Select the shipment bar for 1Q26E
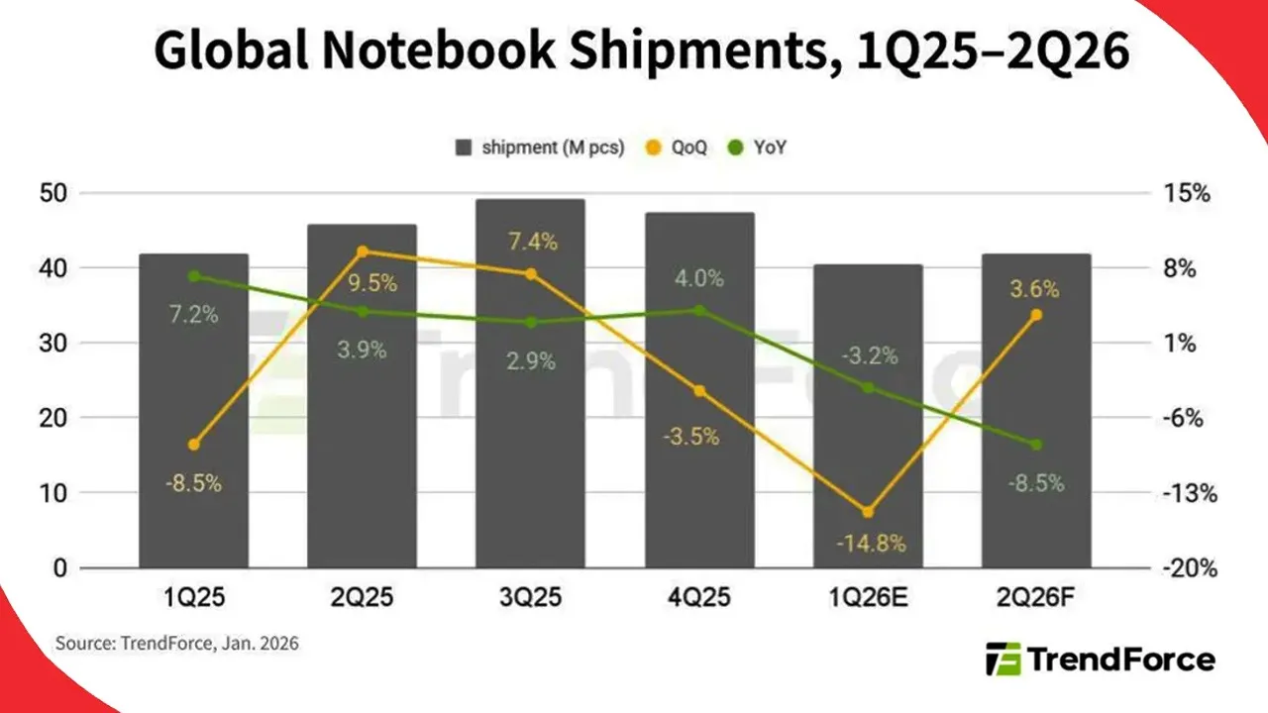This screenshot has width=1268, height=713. coord(868,416)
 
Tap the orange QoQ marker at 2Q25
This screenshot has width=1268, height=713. coord(363,252)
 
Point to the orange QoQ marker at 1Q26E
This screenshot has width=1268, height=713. coord(868,512)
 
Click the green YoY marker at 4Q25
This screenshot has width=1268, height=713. coord(699,310)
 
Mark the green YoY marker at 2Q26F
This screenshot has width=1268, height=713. coord(1036,445)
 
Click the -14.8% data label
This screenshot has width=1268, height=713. coord(868,543)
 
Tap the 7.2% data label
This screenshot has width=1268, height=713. coord(193,315)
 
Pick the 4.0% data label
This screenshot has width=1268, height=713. coord(699,278)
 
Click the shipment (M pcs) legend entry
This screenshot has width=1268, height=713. coord(540,149)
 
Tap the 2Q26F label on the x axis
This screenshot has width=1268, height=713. coord(1036,597)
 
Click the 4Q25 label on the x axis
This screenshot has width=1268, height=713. coord(699,597)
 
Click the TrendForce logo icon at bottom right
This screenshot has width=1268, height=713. coord(1003,659)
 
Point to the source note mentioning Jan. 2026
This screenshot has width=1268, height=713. coord(176,644)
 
